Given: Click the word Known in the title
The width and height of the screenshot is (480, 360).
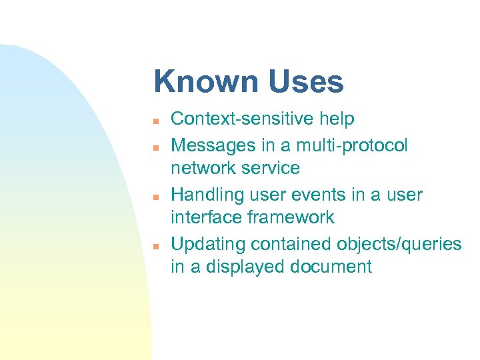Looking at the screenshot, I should pos(207,82).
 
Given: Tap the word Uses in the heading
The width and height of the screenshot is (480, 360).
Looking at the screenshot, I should pos(307,82).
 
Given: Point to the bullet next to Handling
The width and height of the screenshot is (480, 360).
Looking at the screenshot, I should pos(154,197).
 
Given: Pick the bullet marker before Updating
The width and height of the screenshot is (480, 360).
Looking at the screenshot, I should pos(154,246).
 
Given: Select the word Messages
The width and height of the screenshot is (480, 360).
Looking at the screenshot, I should pos(213,145).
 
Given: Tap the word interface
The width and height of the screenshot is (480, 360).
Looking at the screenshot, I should pos(206,217).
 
